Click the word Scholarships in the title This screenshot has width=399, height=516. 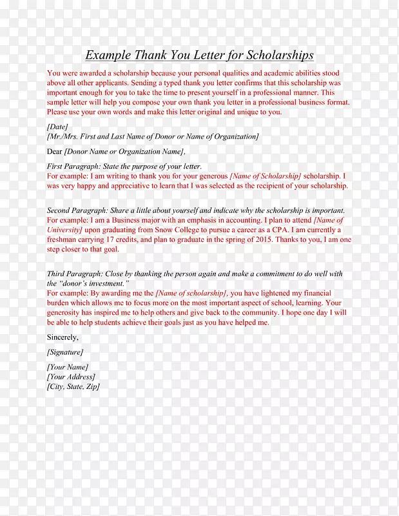[x=275, y=55]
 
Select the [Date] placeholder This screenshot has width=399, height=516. [x=57, y=127]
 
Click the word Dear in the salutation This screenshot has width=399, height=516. [x=55, y=152]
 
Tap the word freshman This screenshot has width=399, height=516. [x=63, y=239]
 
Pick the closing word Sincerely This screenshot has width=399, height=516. [x=63, y=337]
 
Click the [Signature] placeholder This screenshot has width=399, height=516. [x=64, y=352]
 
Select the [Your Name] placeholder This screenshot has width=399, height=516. [x=68, y=367]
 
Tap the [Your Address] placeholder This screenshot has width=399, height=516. [x=71, y=377]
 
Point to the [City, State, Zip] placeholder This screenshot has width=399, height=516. [x=73, y=386]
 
